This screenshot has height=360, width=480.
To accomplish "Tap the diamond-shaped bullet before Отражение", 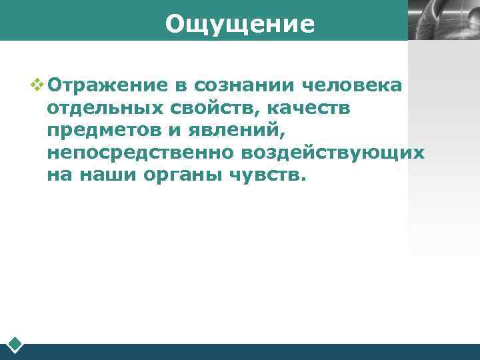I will (x=37, y=85).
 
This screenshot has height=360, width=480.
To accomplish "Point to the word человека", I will (x=353, y=85).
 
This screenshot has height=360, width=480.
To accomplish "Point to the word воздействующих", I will (x=333, y=153).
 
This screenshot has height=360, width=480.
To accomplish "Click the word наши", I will (x=109, y=175).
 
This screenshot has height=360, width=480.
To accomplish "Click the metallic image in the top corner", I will (x=443, y=20).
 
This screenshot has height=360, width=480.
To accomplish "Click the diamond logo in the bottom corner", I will (x=15, y=345).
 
